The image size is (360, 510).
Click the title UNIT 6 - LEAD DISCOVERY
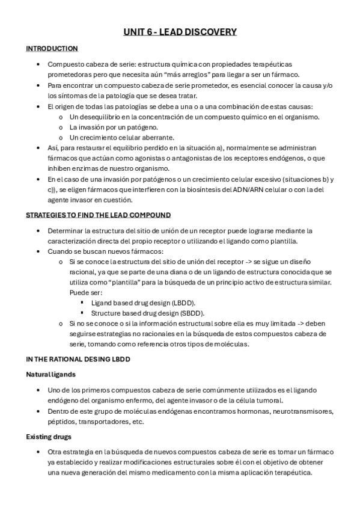180,32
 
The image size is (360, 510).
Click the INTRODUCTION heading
52,49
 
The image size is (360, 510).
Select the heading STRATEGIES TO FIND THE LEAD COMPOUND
98,215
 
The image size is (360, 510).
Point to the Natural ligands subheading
50,375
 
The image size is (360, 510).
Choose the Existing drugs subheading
49,437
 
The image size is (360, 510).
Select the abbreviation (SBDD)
191,313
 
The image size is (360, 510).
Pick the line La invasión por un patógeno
105,127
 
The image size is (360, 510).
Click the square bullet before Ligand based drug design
82,303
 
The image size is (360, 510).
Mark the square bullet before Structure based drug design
82,313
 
